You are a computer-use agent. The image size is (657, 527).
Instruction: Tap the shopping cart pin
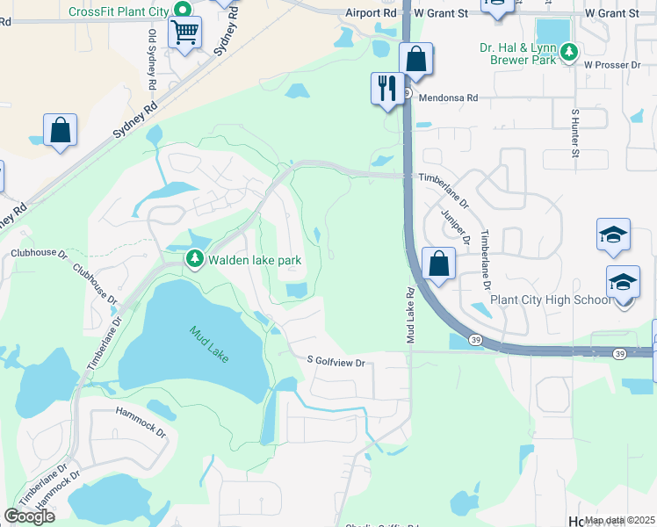point(184,33)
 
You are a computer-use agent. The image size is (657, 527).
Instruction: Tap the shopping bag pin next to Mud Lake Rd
point(438,263)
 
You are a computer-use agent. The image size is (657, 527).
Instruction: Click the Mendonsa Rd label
point(448,98)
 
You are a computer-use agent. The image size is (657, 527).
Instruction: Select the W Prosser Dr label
point(612,66)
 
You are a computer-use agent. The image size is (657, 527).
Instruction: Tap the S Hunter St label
point(575,134)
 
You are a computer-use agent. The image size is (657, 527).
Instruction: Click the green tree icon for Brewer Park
point(569,53)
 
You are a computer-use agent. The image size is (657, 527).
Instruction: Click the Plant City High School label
point(550,300)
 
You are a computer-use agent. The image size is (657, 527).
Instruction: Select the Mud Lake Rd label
point(409,315)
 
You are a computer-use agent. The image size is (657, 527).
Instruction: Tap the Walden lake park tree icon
point(194,259)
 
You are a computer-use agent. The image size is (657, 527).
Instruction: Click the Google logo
point(29,516)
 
